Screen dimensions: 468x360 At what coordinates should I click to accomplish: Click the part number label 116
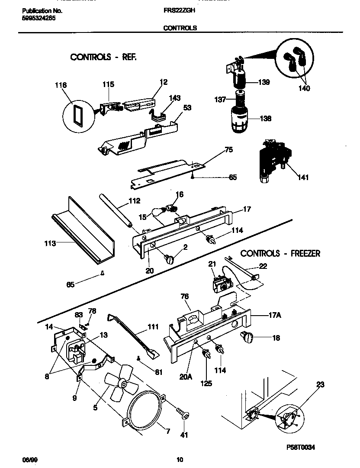[x=61, y=85]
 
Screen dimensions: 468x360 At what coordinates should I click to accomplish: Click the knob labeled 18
[x=249, y=337]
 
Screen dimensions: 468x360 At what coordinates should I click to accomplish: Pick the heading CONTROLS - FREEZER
[x=280, y=253]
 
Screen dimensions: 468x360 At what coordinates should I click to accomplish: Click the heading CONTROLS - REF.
[x=103, y=57]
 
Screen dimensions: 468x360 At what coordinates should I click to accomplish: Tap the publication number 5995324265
[x=38, y=18]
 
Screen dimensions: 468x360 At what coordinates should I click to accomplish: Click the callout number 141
[x=303, y=178]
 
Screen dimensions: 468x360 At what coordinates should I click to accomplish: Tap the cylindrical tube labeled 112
[x=119, y=211]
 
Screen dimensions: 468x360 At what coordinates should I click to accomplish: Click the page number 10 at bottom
[x=180, y=459]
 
